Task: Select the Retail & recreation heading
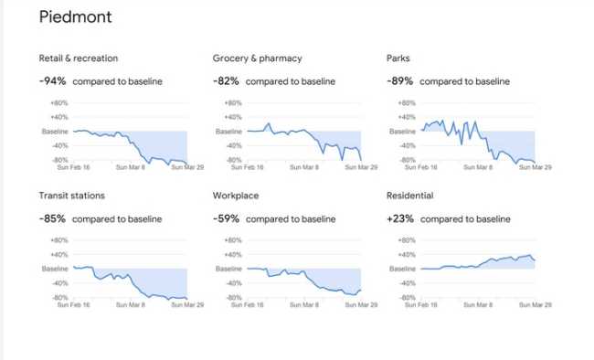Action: tap(79, 58)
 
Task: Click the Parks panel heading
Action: tap(398, 58)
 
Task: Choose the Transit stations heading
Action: tap(72, 196)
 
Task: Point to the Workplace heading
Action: tap(236, 196)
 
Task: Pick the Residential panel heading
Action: tap(409, 196)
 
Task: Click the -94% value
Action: tap(53, 81)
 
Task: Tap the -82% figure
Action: tap(227, 81)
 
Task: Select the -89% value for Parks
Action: tap(400, 81)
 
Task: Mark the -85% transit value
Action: tap(53, 218)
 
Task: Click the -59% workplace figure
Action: tap(227, 218)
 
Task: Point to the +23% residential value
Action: tap(400, 218)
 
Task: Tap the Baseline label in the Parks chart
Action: tap(402, 132)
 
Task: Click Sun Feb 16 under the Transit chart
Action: tap(73, 304)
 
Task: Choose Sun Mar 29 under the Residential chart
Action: tap(535, 304)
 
